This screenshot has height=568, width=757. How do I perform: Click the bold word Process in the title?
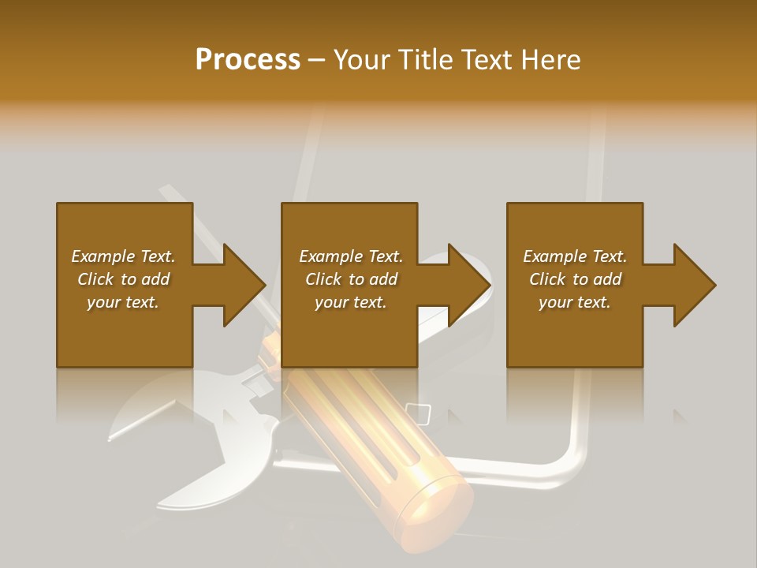point(248,60)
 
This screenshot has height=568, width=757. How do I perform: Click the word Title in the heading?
point(426,60)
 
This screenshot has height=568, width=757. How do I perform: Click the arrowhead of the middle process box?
point(468,285)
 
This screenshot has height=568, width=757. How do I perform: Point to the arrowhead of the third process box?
point(694,285)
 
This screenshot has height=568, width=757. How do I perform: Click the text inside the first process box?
point(123,279)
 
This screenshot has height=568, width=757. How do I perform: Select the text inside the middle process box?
point(350,279)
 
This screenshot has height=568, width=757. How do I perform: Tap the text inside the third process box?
point(575,279)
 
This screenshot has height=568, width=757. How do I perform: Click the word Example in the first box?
point(103,256)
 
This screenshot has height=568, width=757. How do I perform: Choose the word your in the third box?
point(555,302)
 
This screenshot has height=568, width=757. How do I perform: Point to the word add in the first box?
point(155,279)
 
